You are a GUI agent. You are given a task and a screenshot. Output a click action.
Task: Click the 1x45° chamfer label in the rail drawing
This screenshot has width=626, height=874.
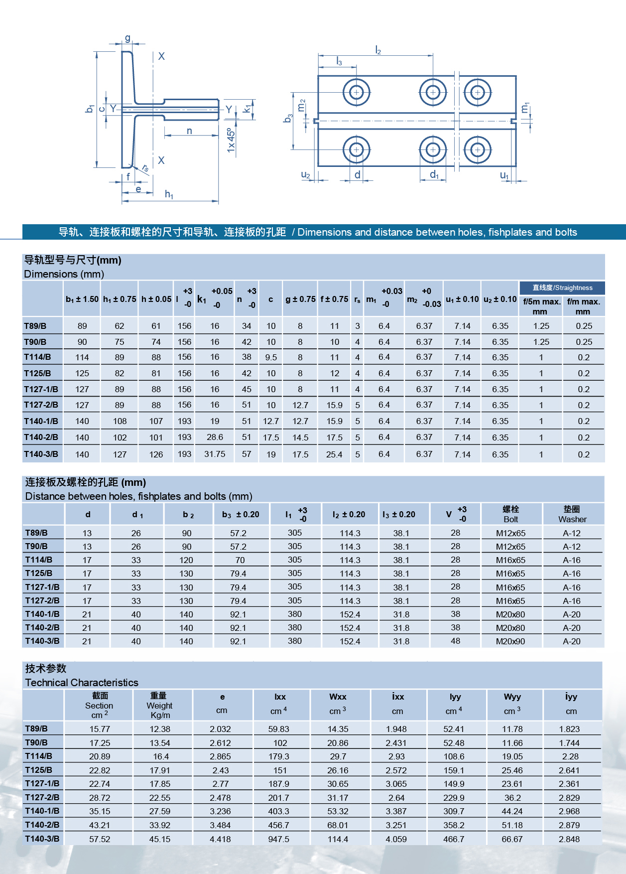click(231, 141)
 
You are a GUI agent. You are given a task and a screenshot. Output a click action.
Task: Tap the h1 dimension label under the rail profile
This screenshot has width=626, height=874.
click(169, 194)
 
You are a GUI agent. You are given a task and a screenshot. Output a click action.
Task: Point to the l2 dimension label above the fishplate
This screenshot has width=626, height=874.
click(378, 50)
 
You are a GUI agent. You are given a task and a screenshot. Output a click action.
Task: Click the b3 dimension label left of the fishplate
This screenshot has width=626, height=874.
click(288, 119)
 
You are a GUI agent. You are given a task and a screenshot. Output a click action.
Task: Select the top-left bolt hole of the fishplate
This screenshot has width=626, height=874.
click(356, 92)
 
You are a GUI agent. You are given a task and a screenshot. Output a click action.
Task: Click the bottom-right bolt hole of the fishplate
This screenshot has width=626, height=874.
click(478, 149)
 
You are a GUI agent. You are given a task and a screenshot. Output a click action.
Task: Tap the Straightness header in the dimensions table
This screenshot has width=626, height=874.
click(562, 288)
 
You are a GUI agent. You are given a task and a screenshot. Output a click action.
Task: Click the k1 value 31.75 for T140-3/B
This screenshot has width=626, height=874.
click(215, 454)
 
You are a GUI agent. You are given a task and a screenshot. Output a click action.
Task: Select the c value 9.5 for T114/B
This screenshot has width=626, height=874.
click(271, 357)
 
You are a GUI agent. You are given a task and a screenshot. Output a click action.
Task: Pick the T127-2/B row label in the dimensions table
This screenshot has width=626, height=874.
click(41, 405)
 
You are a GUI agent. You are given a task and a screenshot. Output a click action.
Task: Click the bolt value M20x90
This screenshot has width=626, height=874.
click(510, 641)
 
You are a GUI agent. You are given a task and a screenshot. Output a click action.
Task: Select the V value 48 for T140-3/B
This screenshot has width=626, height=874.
click(456, 641)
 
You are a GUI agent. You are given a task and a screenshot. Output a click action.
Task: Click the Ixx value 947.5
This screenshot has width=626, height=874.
click(279, 839)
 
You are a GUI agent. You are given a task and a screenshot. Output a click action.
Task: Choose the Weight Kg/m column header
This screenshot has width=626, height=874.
click(159, 706)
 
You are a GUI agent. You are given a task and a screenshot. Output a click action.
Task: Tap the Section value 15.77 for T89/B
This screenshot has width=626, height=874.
click(100, 729)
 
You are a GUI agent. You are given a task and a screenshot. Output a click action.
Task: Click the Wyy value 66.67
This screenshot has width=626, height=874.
click(512, 839)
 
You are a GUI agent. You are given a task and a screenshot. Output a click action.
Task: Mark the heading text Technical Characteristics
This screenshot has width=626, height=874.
click(82, 683)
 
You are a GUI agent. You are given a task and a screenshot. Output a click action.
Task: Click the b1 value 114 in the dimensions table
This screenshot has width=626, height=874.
click(82, 357)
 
